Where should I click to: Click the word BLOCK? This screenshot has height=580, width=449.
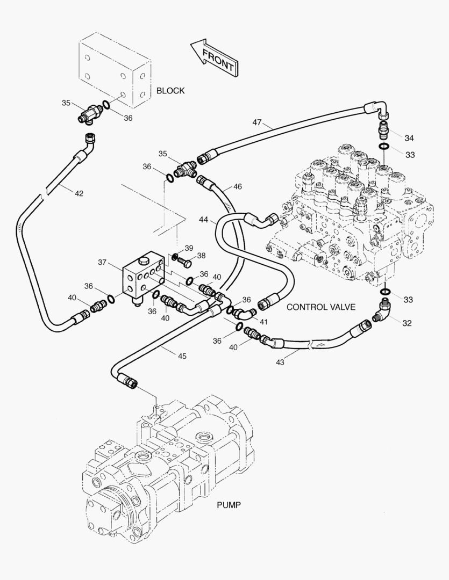[170, 91]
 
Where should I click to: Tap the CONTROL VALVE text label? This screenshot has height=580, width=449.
[321, 307]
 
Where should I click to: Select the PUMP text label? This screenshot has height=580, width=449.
[229, 505]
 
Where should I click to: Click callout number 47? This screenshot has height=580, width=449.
[257, 123]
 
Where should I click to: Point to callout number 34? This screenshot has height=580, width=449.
[409, 138]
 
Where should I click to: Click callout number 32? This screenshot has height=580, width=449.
[407, 323]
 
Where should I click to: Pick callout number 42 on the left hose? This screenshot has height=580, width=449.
[79, 193]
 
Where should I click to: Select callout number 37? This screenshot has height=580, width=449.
[102, 262]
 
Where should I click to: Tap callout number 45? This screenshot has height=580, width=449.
[182, 356]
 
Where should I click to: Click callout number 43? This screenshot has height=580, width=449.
[280, 363]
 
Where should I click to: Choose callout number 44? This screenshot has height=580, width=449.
[204, 220]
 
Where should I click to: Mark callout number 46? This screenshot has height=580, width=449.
[237, 187]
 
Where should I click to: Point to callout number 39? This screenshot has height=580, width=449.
[189, 248]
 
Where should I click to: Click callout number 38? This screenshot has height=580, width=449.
[201, 256]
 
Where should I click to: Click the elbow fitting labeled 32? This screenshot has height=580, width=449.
[383, 311]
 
